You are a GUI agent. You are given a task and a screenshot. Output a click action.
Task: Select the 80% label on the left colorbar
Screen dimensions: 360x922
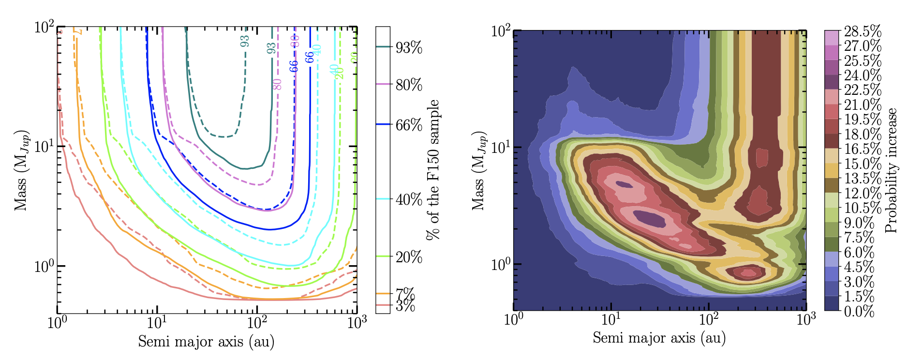click(409, 85)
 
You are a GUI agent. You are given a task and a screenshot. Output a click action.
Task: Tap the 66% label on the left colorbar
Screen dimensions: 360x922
click(409, 125)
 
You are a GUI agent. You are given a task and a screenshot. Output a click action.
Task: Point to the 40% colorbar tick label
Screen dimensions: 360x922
click(409, 199)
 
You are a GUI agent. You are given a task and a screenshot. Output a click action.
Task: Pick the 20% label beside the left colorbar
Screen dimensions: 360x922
click(409, 257)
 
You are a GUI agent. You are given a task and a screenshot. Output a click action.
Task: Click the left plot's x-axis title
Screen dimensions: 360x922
click(206, 342)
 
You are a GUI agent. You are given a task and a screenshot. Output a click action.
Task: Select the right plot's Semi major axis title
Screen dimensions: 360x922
click(659, 337)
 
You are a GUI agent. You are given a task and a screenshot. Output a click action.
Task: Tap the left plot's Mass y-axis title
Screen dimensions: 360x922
click(20, 170)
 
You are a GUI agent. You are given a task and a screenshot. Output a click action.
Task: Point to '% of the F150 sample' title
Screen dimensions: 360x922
click(433, 170)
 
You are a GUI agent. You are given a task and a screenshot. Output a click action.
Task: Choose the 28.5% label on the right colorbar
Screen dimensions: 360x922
click(863, 32)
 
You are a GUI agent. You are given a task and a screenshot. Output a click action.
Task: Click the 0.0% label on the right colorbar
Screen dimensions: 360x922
click(859, 311)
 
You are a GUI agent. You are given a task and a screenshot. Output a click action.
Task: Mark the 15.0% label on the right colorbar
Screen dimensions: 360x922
click(863, 163)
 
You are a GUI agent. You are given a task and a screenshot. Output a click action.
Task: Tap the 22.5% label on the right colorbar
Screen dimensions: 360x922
click(863, 90)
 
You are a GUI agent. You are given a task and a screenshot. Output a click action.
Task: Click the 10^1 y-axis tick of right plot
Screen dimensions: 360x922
click(501, 147)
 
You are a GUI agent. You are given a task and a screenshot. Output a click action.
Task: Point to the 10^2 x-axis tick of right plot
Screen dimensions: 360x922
click(709, 320)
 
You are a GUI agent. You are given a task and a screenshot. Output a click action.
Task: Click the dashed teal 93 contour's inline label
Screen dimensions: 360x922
click(245, 41)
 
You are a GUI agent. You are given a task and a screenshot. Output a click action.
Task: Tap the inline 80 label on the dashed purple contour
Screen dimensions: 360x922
click(277, 84)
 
